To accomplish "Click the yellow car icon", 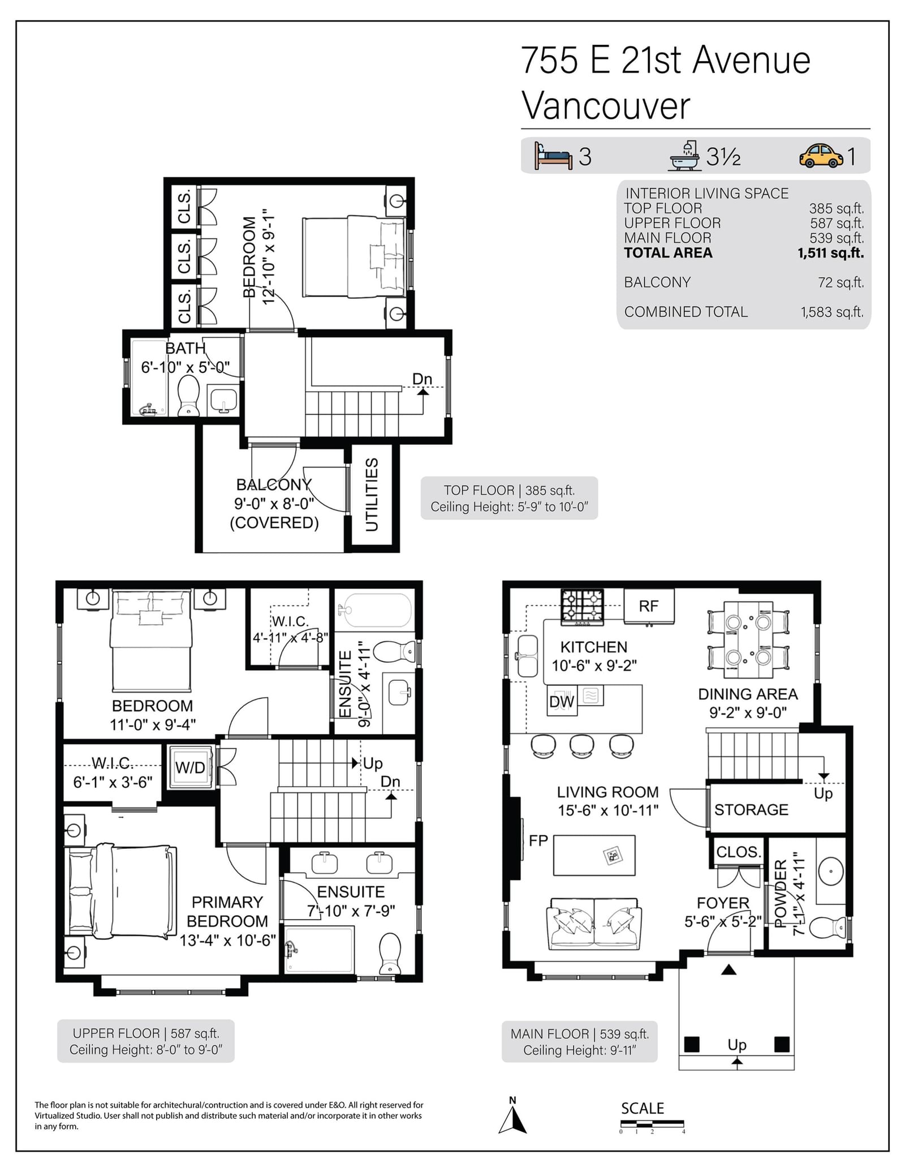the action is tap(821, 156).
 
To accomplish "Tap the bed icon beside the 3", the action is tap(553, 156).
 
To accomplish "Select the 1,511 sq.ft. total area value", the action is tap(830, 253).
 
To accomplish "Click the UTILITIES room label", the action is tap(372, 495).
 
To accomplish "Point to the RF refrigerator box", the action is tap(649, 606).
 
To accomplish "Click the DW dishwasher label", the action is tap(562, 702).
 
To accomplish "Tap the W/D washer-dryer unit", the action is tap(191, 767).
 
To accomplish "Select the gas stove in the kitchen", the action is tap(582, 607).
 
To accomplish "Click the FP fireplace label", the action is tap(538, 841).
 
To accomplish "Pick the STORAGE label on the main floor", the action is tap(751, 810).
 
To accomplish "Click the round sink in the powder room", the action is tap(831, 871).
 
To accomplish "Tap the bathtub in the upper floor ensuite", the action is tap(374, 610).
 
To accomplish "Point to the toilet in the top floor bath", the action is tap(188, 396).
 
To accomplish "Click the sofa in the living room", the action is tap(594, 924).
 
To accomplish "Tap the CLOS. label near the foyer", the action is tap(738, 852).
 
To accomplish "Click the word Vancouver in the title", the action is tap(606, 106).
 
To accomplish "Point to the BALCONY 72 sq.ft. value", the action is tap(841, 282).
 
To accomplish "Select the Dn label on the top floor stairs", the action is tap(422, 379).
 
